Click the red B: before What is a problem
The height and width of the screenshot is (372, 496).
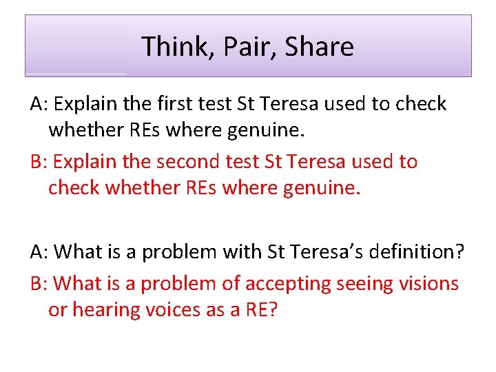click(39, 283)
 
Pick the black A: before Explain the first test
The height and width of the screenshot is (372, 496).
click(39, 104)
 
